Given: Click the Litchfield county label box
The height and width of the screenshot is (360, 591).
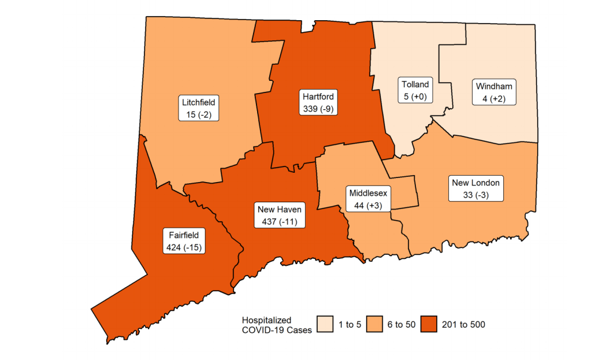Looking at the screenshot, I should coord(198,109).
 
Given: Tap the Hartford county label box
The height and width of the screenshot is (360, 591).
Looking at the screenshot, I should coord(318,102).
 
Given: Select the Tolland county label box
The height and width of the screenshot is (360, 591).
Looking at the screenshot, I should coord(415,91).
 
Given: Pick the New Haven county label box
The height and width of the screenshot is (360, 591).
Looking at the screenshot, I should coord(279,215).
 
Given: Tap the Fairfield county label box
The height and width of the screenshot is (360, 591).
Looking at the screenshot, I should coord(185,242).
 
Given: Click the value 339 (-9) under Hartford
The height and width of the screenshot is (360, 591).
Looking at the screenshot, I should coord(318,108).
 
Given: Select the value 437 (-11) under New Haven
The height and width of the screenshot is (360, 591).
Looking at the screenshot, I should coord(279,221).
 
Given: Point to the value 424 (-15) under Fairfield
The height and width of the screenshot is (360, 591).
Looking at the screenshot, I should coord(185,248).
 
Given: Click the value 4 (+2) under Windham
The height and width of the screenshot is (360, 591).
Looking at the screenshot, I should coord(493,99).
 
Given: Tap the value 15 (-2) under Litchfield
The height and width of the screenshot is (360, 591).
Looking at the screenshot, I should coord(198,115).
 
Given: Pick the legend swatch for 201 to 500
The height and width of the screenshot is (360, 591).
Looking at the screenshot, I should coord(430,325).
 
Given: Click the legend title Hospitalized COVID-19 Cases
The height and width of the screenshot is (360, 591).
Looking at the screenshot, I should coord(276,325).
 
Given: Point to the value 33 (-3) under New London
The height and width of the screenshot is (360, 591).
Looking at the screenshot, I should coord(476,195).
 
